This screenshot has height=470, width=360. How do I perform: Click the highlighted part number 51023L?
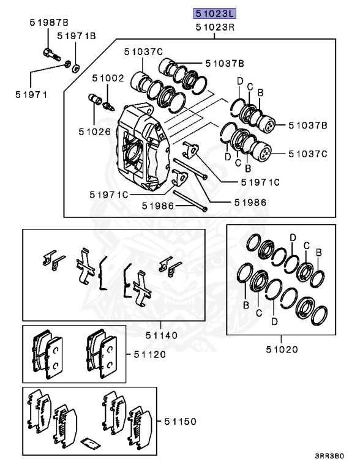(x=214, y=13)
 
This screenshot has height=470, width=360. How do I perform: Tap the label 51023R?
(x=215, y=28)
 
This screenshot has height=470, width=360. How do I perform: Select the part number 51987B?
(x=49, y=22)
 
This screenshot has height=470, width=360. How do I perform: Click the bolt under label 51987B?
(x=52, y=54)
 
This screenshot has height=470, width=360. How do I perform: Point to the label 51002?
(x=108, y=78)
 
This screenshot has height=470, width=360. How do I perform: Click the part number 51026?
(x=95, y=132)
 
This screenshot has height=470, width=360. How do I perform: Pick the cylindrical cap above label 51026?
(x=95, y=99)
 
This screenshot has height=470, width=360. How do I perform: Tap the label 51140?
(x=162, y=335)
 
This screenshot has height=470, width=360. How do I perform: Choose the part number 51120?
(x=150, y=354)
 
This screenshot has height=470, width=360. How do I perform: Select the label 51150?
(x=180, y=422)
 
